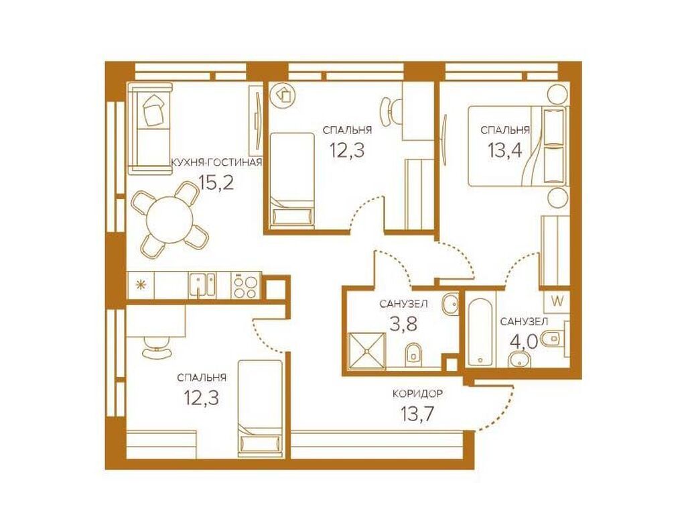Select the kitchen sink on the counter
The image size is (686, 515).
pyautogui.click(x=202, y=286)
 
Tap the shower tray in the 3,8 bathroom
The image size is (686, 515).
pyautogui.click(x=366, y=349)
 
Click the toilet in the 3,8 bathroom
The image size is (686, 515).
pyautogui.click(x=414, y=352)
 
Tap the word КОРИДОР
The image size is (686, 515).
pyautogui.click(x=418, y=395)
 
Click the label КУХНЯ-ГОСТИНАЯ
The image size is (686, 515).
pyautogui.click(x=216, y=162)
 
